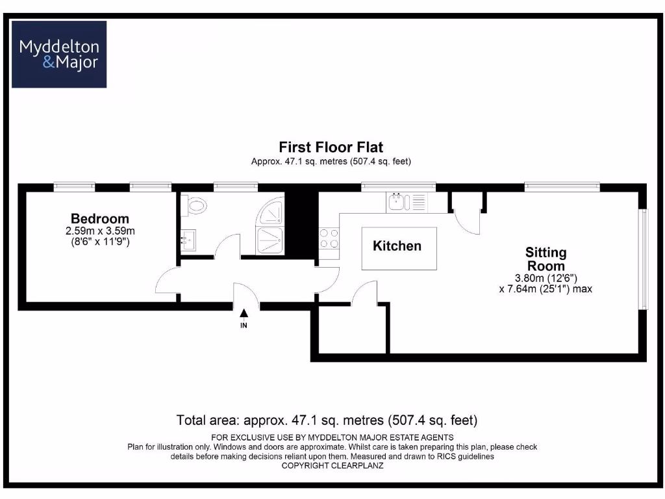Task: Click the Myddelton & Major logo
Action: point(59,55)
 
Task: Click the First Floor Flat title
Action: point(331,147)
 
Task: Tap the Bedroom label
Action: point(100,218)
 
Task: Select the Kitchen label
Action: point(397,246)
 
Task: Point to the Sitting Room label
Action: point(546,259)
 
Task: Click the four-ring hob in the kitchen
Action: point(329,238)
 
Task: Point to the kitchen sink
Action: point(396,202)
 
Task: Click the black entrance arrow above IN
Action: point(244,313)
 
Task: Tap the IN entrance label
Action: point(244,325)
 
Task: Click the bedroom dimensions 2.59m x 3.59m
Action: point(100,231)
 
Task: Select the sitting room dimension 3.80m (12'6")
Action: point(546,277)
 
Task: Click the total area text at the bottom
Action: point(327,420)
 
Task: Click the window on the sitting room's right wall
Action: point(643,259)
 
